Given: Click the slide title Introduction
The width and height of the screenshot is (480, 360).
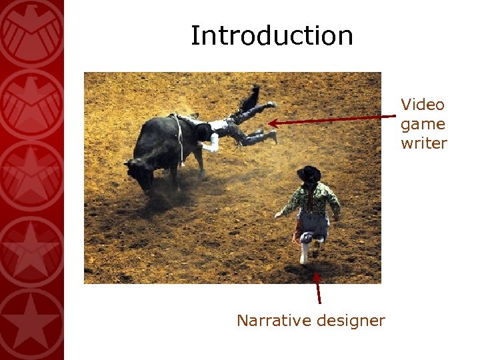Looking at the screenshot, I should [272, 35].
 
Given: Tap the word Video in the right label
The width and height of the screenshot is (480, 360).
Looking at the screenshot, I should [423, 105].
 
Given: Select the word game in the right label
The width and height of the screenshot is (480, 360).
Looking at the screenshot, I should [423, 124].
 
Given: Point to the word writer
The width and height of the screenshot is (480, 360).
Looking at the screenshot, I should [424, 143].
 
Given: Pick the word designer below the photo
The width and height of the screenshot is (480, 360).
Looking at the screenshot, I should [351, 321].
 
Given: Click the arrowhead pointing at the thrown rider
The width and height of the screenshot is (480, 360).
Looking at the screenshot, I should [273, 123].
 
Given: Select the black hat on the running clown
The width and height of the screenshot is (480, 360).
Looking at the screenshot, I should [309, 175].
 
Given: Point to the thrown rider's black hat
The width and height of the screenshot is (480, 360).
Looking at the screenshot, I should [203, 132].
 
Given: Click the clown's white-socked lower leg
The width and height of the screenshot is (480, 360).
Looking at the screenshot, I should [305, 252].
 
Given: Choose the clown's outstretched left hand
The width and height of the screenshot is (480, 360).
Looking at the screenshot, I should [277, 215].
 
